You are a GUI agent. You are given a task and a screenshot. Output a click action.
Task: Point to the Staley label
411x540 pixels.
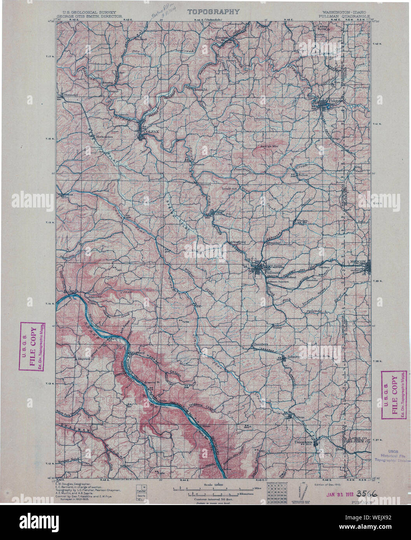[x=277, y=328]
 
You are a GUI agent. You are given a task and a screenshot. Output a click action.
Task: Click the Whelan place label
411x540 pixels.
[x=302, y=221]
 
